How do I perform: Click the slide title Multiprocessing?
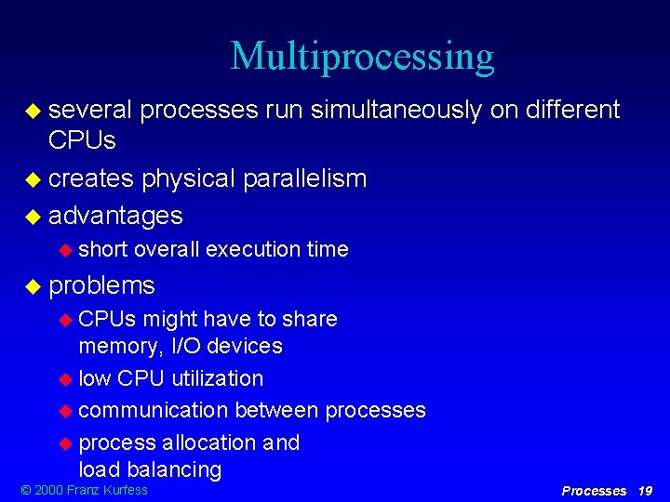click(x=362, y=57)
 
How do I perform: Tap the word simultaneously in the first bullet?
click(x=395, y=111)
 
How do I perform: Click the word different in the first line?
click(x=572, y=111)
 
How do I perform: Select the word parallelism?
click(x=304, y=178)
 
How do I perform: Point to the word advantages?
click(x=115, y=216)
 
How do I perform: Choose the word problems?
click(x=101, y=284)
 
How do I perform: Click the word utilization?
click(x=218, y=378)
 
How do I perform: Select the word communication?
click(x=154, y=410)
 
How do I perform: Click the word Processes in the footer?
click(x=595, y=491)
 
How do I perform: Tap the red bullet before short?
click(x=65, y=250)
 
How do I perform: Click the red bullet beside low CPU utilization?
click(x=65, y=379)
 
